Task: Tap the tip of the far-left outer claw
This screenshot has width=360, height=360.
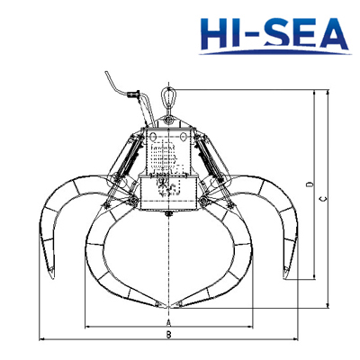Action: [51, 275]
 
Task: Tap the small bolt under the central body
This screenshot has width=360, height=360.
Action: [168, 215]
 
